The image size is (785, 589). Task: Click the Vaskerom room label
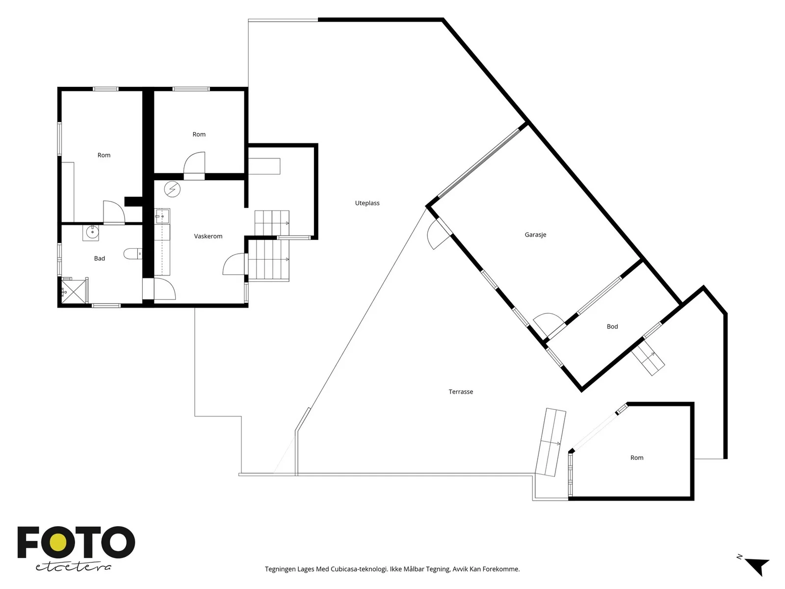coord(208,236)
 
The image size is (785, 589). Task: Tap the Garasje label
coord(535,235)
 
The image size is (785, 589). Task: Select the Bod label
coord(612,326)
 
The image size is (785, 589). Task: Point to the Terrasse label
coord(461,392)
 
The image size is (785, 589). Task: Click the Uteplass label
coord(367,203)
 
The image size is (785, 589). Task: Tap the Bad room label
coord(100,258)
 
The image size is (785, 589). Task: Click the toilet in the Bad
coord(132,254)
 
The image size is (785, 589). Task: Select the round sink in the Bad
coord(91,233)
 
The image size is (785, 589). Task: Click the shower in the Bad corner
coord(74,291)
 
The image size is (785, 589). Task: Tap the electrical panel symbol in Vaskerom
coord(172,189)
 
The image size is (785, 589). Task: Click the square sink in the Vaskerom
coord(162,216)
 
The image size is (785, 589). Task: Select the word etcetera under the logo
coord(73,567)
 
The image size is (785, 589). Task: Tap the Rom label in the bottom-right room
coord(636,458)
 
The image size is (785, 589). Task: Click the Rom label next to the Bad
coord(104,155)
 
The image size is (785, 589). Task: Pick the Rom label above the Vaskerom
coord(199,134)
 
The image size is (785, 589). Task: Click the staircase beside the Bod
coord(648,358)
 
